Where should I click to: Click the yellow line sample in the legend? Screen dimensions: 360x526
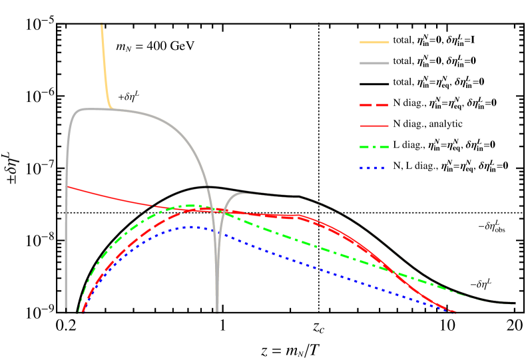[374, 43]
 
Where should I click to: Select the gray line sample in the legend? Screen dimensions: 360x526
[374, 64]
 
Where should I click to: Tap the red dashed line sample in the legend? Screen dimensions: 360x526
[374, 105]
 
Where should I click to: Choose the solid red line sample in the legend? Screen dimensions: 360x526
[374, 126]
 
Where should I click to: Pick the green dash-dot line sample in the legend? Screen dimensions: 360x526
[374, 147]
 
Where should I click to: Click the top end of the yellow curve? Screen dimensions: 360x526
[102, 25]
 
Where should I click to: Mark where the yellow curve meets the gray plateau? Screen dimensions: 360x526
[111, 108]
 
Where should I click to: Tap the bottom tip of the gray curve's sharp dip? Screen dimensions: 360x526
[217, 310]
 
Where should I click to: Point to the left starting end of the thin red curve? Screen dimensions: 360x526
[68, 187]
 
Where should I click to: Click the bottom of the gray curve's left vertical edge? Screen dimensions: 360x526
[66, 310]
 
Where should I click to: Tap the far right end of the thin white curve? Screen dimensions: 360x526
[515, 303]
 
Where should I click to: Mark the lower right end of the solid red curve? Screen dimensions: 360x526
[455, 311]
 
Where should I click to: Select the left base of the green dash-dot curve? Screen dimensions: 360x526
[79, 311]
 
